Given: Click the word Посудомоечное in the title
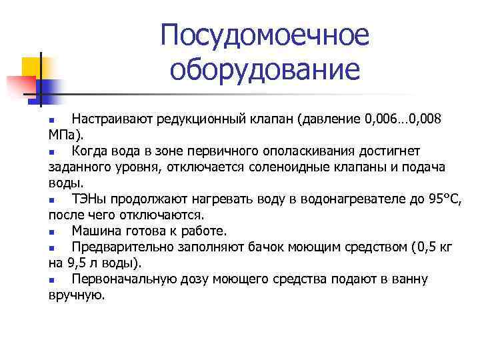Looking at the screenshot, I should [264, 36].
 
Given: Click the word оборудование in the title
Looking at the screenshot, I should [264, 69].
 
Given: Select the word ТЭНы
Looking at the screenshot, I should [89, 199].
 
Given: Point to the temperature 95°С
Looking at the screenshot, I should [441, 199].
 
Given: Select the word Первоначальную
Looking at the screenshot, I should [124, 279].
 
